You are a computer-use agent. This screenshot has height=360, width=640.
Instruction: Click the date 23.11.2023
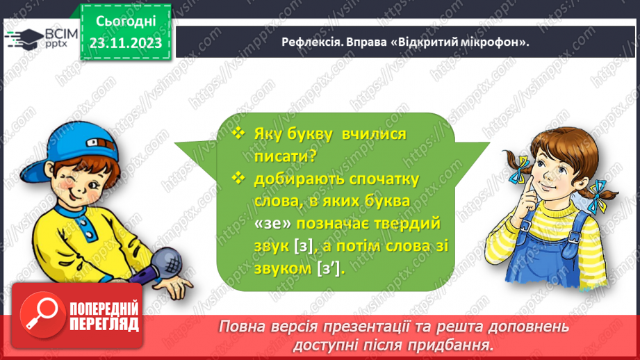tap(125, 43)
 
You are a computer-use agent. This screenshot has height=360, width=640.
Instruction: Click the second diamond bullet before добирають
tap(240, 179)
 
